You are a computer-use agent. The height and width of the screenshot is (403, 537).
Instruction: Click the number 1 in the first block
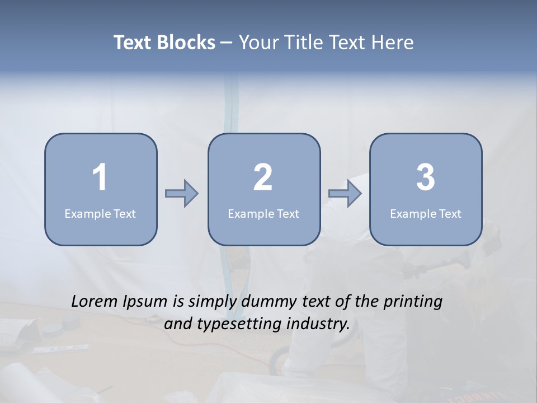coord(100,177)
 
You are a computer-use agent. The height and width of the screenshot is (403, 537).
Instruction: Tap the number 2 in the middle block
coord(263,177)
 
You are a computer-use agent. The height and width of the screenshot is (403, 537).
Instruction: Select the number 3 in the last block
coord(426,177)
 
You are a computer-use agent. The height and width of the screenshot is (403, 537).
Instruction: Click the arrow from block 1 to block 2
coord(182,194)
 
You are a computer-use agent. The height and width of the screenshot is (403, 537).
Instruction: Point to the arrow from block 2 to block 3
coord(345,194)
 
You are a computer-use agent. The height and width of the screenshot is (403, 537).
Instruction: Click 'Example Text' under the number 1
coord(100,213)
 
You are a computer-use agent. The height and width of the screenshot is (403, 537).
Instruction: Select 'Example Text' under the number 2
coord(263,213)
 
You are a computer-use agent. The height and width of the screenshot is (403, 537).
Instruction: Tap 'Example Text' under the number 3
coord(426,213)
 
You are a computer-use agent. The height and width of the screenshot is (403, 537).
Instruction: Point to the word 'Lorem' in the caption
coord(95,301)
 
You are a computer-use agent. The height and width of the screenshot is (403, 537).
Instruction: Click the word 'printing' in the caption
coord(413,302)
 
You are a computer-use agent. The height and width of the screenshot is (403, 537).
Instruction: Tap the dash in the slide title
coord(227,43)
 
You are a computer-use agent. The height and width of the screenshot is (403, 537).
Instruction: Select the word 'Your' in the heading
coord(257,43)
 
